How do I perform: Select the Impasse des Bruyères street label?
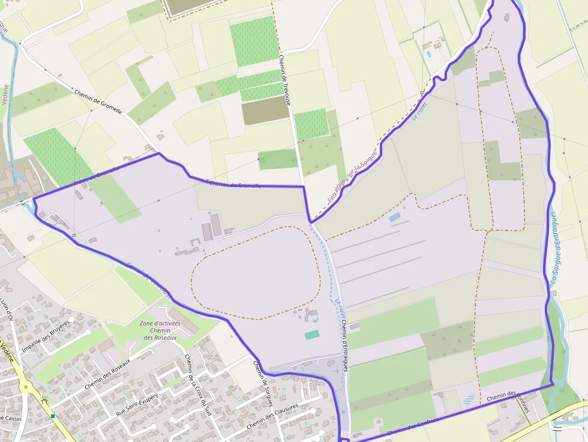coord(46,338)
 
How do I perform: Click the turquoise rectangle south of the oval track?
coord(312,335)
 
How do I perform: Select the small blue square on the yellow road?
coord(53,416)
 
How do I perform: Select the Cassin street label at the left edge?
coord(11,419)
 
